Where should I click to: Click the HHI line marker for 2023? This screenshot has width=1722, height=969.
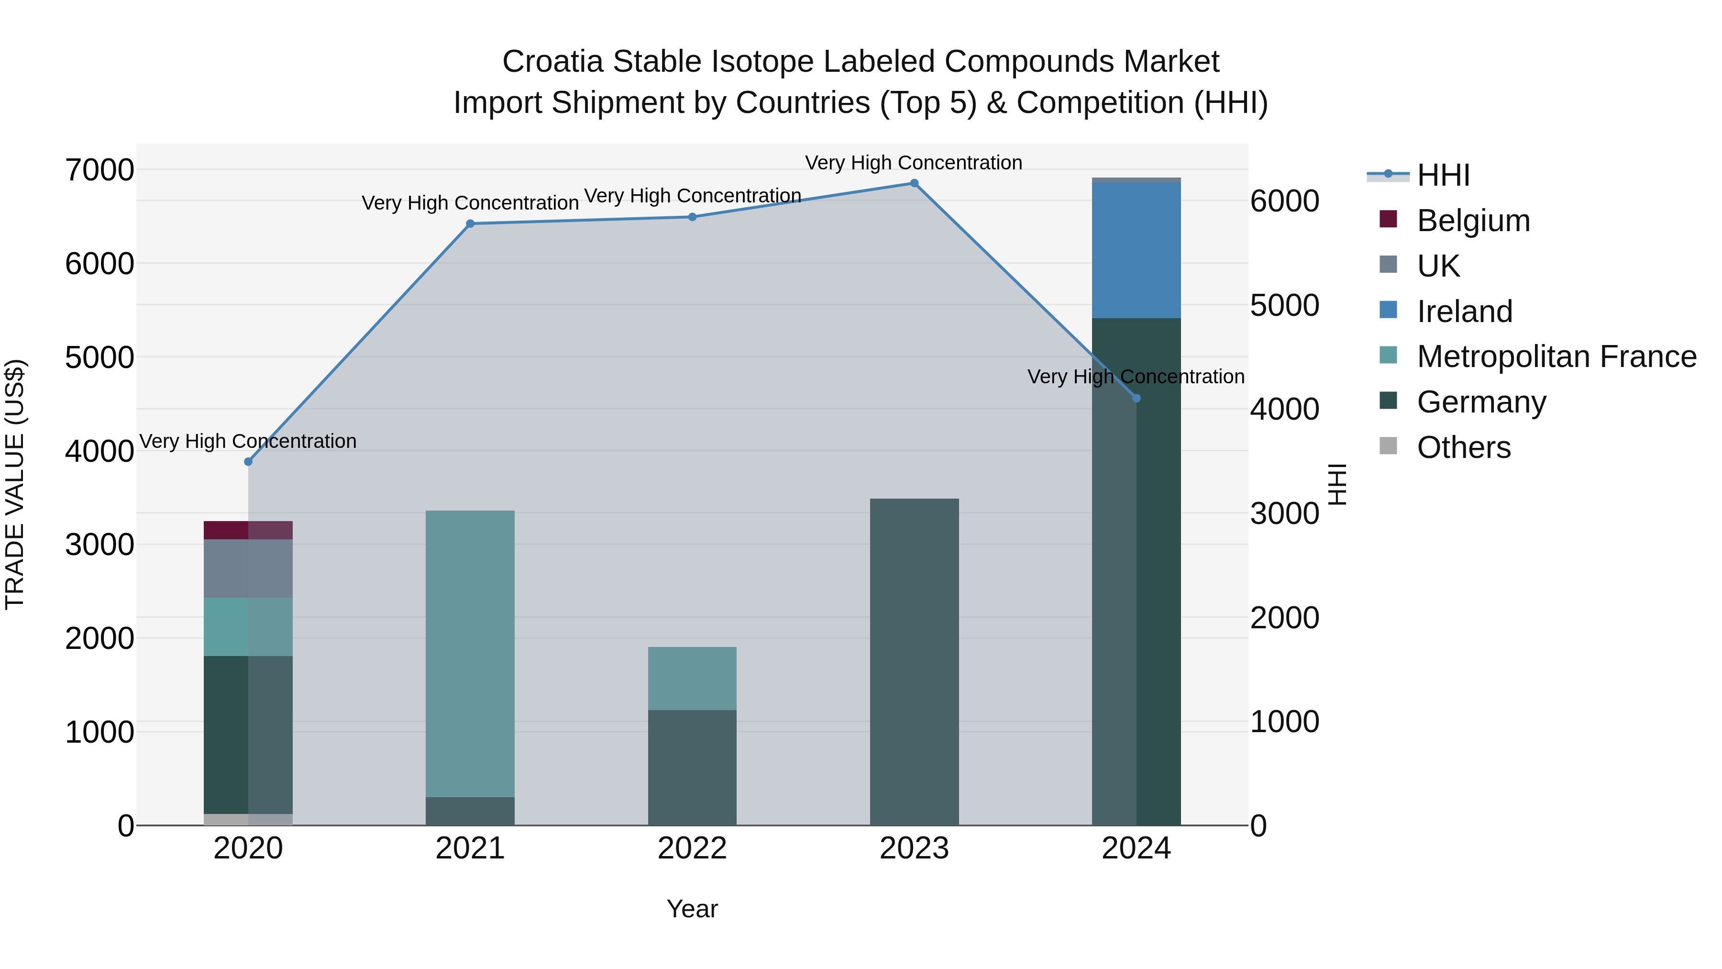(914, 183)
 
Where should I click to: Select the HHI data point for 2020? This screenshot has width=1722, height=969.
(248, 461)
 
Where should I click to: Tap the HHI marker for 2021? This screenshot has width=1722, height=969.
(470, 223)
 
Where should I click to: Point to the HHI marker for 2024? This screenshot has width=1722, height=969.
(1136, 398)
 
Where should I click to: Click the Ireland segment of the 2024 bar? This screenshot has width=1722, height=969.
(1136, 250)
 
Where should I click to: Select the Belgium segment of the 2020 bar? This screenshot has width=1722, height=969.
(248, 530)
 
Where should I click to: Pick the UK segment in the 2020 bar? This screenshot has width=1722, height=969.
(248, 568)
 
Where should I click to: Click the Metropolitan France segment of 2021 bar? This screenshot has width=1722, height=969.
(470, 653)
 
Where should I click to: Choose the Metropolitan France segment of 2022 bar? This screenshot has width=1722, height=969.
(692, 678)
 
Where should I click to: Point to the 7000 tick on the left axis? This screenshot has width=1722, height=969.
(99, 170)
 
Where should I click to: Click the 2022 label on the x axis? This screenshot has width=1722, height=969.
(692, 848)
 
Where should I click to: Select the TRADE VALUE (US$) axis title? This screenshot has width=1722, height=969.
(15, 484)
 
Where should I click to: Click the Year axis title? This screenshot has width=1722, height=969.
(692, 909)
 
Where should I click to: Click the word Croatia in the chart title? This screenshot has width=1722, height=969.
(553, 62)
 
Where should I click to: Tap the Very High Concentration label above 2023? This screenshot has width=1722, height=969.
(913, 163)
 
